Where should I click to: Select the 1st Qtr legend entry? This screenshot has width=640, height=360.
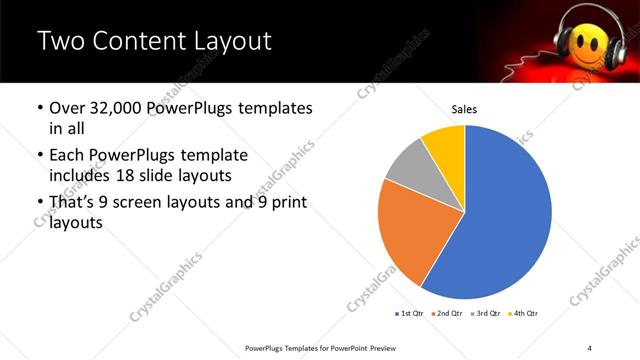coord(410,314)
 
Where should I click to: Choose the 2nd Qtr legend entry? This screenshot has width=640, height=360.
coord(449,314)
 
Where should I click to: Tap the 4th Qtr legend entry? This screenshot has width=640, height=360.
coord(524,314)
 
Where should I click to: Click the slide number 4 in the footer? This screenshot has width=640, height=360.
coord(590,347)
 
